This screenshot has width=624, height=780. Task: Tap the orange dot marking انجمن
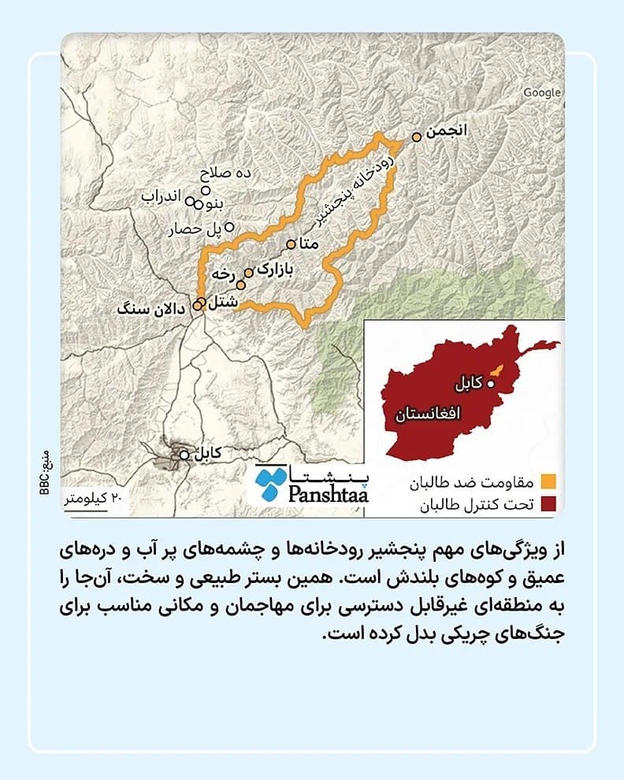[x=417, y=137]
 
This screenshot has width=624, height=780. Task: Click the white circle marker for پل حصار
[x=229, y=227]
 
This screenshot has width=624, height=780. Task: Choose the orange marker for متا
[x=291, y=243]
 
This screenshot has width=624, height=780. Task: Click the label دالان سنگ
[x=150, y=308]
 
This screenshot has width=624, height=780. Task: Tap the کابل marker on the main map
[x=184, y=455]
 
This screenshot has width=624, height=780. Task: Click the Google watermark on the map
[x=542, y=93]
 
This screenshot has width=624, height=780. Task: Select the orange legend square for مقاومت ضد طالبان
[x=549, y=481]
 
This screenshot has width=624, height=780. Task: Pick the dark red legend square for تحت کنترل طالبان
[x=549, y=503]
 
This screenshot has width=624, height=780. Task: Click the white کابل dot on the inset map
[x=491, y=384]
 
